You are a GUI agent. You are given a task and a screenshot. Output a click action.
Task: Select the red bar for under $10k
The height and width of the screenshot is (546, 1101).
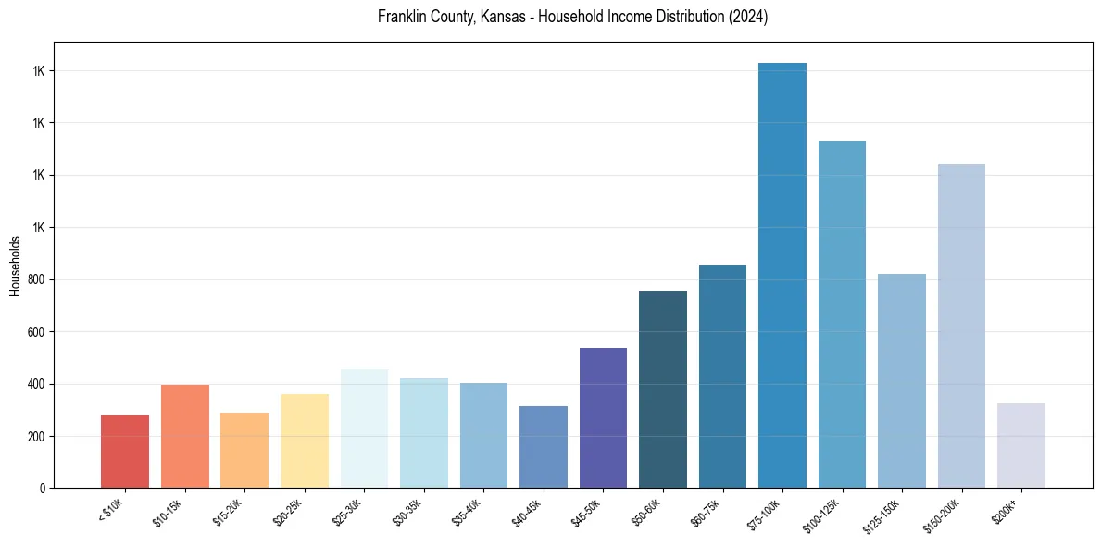[125, 452]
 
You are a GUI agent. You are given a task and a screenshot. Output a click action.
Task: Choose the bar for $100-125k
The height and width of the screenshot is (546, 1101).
[842, 315]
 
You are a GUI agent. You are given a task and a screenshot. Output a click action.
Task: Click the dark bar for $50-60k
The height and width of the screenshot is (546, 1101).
[662, 390]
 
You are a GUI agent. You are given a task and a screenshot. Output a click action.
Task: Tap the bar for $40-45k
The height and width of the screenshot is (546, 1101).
[543, 447]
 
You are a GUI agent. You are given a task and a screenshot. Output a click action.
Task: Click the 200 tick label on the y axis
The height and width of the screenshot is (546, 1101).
[38, 436]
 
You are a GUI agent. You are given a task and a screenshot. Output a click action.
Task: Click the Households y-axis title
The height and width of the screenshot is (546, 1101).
[15, 266]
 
